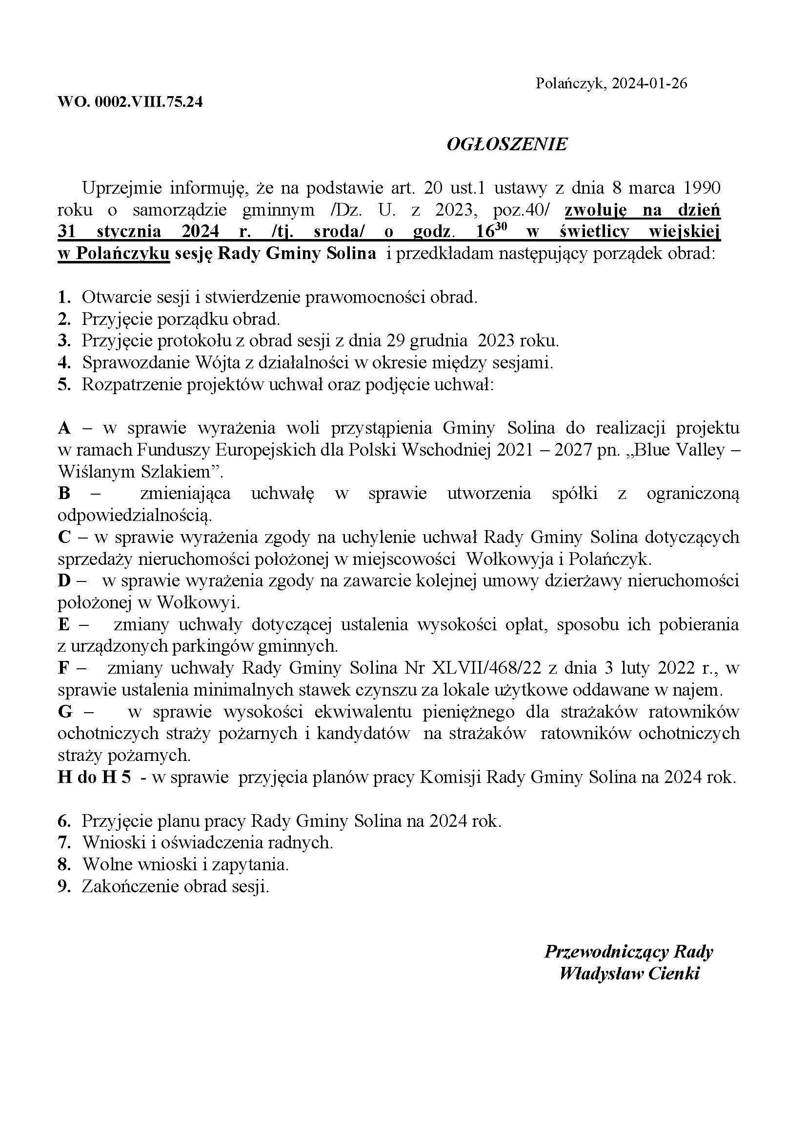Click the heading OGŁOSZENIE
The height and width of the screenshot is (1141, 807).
506,144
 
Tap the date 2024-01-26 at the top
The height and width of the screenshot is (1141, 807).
649,83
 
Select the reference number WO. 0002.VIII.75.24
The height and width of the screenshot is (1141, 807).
130,102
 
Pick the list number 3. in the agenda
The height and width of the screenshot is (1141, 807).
64,341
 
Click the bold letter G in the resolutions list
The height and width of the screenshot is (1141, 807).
65,712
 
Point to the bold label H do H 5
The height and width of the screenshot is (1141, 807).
95,777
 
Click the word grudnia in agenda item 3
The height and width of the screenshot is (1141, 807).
440,341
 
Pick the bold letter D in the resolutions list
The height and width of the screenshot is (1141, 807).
64,581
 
